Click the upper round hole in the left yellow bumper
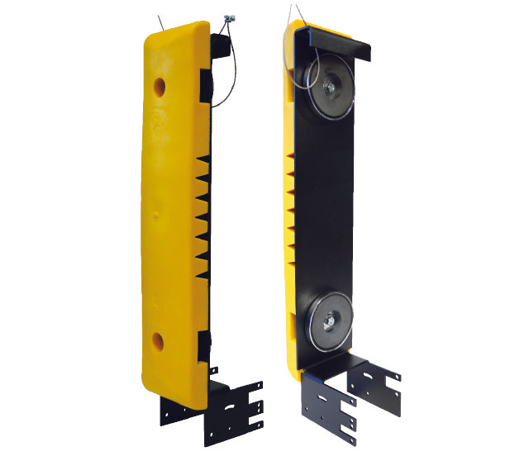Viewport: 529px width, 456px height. coord(159,84)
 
